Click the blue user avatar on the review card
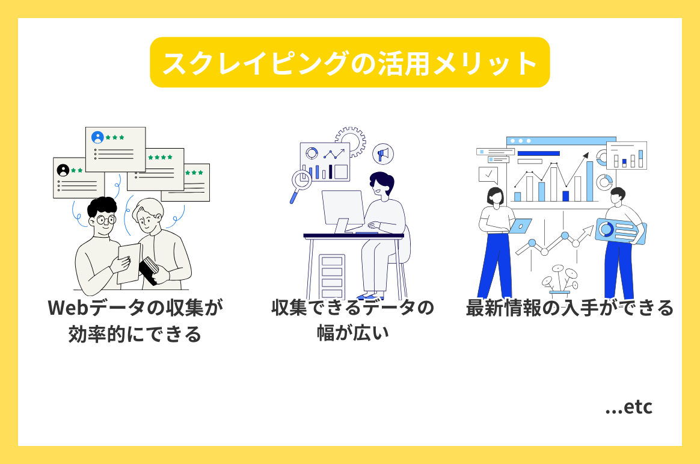coord(97,137)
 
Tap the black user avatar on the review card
coord(63,170)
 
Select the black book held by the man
coord(149,269)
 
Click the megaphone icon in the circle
coord(381,154)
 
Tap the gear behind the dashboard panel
coord(350,142)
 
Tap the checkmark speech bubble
coord(488,175)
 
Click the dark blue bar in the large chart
coord(565,196)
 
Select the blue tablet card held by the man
coord(619,230)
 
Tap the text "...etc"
coord(628,407)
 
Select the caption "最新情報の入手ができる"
coord(570,309)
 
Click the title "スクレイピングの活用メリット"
coord(349,63)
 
